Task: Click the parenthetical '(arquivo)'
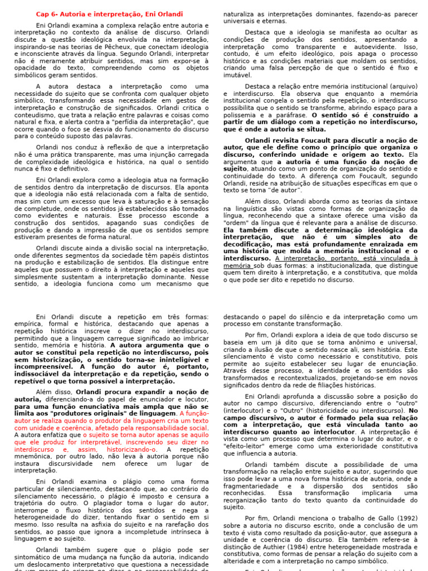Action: pyautogui.click(x=400, y=86)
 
